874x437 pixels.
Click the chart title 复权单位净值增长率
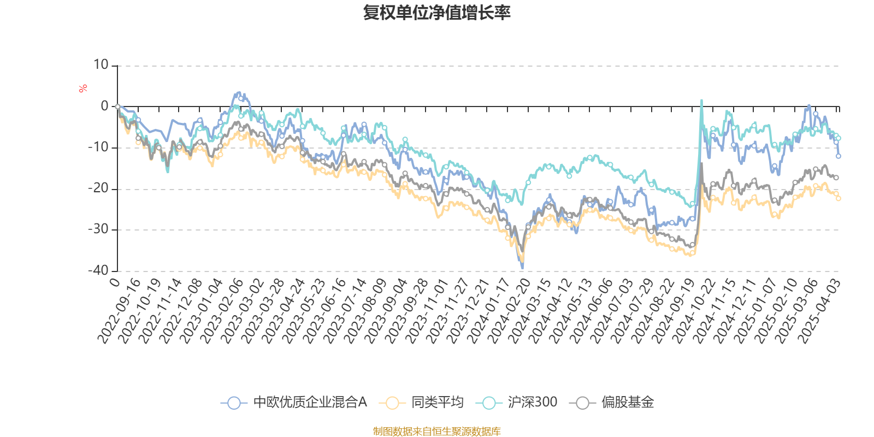pyautogui.click(x=436, y=13)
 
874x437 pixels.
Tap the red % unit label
pyautogui.click(x=83, y=88)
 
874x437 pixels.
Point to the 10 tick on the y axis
pyautogui.click(x=101, y=65)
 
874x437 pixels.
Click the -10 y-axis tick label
pyautogui.click(x=98, y=147)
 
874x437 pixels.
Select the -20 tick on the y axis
pyautogui.click(x=98, y=188)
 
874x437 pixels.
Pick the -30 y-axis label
pyautogui.click(x=98, y=229)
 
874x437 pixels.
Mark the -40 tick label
pyautogui.click(x=98, y=270)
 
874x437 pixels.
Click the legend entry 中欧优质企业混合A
pyautogui.click(x=310, y=403)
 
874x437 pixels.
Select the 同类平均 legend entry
pyautogui.click(x=437, y=403)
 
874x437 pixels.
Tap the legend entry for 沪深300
pyautogui.click(x=532, y=403)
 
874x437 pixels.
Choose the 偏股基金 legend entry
pyautogui.click(x=627, y=403)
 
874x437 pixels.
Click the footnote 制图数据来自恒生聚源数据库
pyautogui.click(x=436, y=432)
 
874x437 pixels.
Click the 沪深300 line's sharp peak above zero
pyautogui.click(x=701, y=100)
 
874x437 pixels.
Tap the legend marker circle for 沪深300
pyautogui.click(x=489, y=403)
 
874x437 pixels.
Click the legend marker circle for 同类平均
pyautogui.click(x=393, y=403)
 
